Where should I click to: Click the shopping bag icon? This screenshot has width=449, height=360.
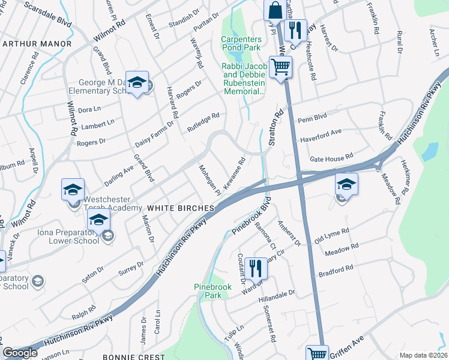point(274,10)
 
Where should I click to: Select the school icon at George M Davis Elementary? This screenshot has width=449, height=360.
point(137,83)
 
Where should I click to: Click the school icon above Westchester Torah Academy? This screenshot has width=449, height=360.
point(73,190)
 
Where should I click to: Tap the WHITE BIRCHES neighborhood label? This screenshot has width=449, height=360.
point(181,208)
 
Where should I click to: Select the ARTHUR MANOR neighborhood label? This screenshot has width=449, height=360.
point(37,44)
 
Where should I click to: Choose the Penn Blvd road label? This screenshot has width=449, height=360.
point(312,119)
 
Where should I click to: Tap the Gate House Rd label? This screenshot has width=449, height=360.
point(331,159)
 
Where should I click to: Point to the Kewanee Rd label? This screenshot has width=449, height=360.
point(235,175)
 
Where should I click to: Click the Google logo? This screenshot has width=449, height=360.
point(20,353)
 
